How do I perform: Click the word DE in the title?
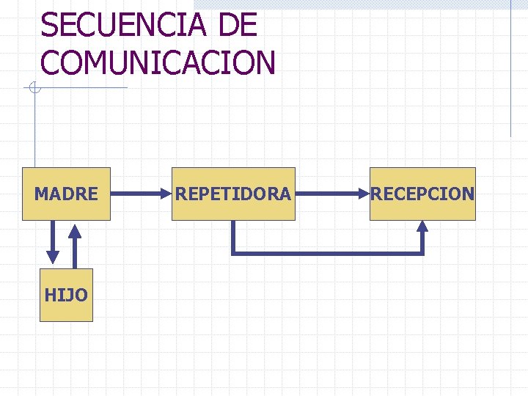click(x=238, y=26)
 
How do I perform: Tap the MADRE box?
click(x=66, y=194)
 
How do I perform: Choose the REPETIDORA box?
click(x=233, y=194)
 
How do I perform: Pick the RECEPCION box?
click(x=422, y=194)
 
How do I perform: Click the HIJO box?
click(x=66, y=295)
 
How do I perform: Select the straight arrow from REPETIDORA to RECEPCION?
click(x=330, y=194)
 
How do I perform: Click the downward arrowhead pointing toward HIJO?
click(x=53, y=256)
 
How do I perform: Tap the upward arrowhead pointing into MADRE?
click(x=75, y=228)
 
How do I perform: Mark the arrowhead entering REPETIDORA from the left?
click(x=166, y=194)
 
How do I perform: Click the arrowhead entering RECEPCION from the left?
click(x=364, y=194)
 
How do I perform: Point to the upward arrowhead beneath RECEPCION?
click(x=422, y=227)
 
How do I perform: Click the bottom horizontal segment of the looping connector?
click(x=327, y=254)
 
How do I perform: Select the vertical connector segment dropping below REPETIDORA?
click(x=233, y=238)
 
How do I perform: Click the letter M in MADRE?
click(x=41, y=194)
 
